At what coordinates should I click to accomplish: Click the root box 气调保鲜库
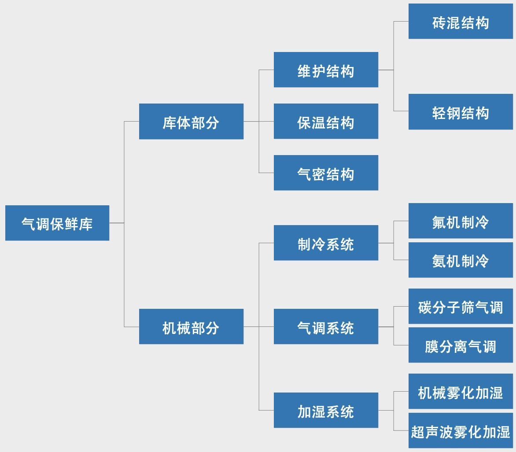coord(57,223)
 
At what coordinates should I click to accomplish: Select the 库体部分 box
coord(191,122)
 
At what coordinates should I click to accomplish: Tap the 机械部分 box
coord(191,326)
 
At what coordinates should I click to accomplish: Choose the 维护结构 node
coord(326,70)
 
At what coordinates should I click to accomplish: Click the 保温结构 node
coord(326,121)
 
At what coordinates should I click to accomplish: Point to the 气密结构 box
coord(326,173)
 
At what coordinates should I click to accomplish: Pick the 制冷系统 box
coord(326,243)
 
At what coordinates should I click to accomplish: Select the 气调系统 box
coord(326,326)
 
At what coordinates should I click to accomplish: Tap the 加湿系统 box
coord(326,410)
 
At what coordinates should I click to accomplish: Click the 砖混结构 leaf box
coord(461,21)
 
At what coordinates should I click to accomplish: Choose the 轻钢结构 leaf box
coord(461,112)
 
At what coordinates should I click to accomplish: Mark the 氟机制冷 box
coord(461,221)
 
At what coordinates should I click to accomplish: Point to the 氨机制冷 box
coord(461,260)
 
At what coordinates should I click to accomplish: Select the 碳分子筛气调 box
coord(461,306)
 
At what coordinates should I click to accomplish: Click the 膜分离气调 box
coord(461,345)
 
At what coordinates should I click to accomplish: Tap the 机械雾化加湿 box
coord(461,391)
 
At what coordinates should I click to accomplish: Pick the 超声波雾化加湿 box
coord(461,430)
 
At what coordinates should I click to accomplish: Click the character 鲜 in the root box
coord(72,224)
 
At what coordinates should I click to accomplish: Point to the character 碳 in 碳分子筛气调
coord(425,307)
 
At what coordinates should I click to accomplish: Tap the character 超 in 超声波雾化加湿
coord(418,431)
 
